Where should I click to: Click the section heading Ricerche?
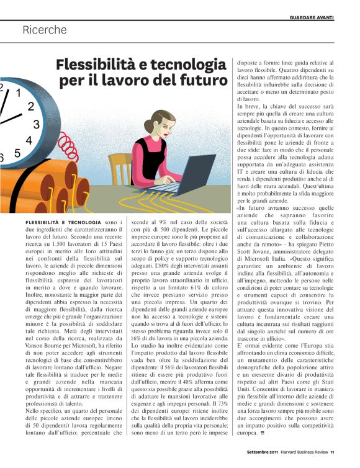pos(44,29)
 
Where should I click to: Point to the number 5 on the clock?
pos(17,153)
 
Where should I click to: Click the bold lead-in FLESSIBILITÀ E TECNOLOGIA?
pos(62,222)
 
